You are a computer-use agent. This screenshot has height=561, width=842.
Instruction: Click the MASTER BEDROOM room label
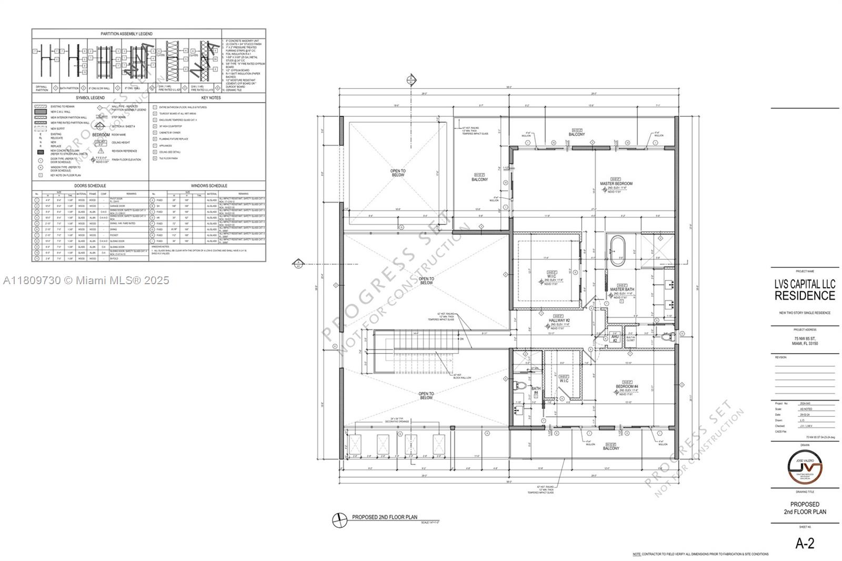coord(616,184)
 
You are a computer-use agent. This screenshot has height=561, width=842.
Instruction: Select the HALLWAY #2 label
coord(559,320)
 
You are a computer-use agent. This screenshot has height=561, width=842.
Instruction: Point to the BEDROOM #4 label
coord(627,387)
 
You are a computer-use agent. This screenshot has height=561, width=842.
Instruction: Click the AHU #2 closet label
coord(615,338)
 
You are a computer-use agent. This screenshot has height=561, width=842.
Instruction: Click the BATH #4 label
coord(535,390)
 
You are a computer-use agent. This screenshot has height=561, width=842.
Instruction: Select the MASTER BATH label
coord(622,289)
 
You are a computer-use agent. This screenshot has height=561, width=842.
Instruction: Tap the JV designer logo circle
coord(805,466)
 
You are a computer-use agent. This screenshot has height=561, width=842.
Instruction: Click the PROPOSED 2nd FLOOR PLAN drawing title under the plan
coord(385,517)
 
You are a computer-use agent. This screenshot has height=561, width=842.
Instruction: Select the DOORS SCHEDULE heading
coord(90,186)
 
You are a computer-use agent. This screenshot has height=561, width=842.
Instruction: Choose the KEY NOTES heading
coord(210,98)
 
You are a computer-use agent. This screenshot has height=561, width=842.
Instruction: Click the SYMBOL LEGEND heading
coord(90,98)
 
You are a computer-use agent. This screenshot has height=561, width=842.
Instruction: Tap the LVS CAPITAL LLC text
coord(805,284)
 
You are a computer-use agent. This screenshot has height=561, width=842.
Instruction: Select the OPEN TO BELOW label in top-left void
coord(398,173)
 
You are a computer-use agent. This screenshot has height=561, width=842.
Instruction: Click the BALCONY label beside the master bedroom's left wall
coord(479,179)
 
